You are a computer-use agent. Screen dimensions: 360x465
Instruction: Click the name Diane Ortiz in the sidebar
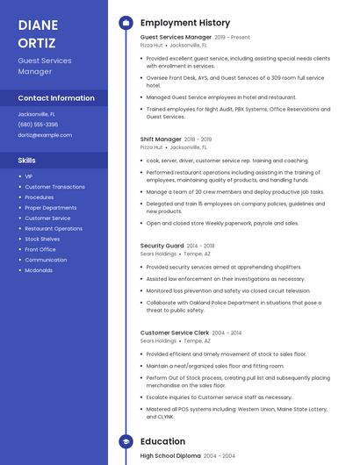38,33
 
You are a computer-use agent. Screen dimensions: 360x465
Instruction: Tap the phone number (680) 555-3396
38,125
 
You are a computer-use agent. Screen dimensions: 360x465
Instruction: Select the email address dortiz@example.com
45,135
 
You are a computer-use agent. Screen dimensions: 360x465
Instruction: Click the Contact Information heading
56,98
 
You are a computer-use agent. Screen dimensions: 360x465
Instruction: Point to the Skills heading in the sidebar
27,161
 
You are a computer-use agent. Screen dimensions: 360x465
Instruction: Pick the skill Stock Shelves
42,239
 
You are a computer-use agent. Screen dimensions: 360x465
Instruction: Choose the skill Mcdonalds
39,270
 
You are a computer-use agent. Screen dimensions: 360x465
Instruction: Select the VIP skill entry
29,176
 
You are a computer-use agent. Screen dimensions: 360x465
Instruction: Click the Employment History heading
185,23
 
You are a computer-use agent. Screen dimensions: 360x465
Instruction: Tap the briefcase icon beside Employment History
126,23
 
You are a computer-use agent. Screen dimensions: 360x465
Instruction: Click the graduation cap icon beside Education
126,441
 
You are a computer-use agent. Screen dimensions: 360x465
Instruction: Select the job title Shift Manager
161,139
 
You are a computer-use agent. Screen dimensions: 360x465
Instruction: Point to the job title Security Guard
162,246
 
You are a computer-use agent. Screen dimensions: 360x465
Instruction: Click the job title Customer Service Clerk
175,333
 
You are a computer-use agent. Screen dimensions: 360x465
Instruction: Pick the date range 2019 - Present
233,38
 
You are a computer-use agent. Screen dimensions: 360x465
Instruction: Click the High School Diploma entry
171,456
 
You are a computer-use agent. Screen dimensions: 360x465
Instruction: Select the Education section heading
162,441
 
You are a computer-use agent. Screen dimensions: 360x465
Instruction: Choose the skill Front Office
40,249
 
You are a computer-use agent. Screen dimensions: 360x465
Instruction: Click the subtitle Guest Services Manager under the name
45,66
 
